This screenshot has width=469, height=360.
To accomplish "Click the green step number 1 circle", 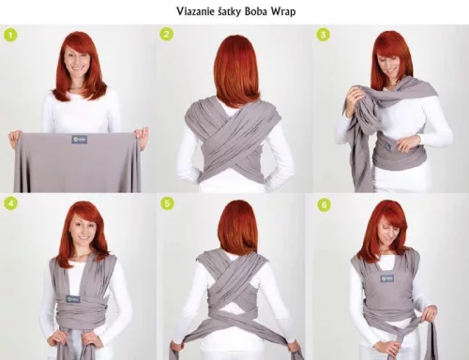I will (10, 35).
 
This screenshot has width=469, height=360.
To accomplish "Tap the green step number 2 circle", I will (166, 35).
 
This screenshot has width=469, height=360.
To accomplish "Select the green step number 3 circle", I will (323, 35).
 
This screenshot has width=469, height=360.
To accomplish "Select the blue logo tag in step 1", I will (79, 139).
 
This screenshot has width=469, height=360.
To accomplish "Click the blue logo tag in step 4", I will (73, 299).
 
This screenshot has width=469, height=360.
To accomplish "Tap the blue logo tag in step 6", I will (386, 289).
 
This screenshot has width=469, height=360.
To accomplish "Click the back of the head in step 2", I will (235, 66).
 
